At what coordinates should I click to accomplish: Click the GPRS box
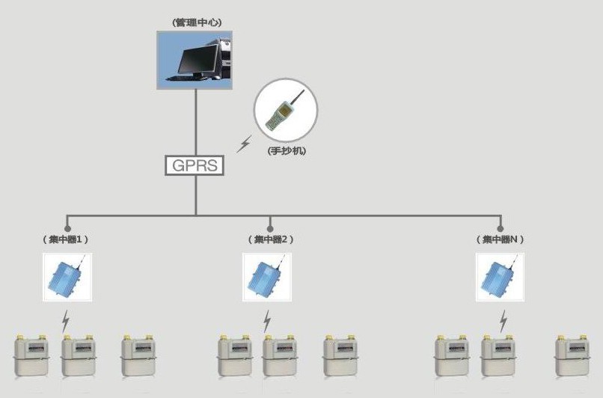195,165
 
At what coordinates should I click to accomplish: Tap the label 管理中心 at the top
197,22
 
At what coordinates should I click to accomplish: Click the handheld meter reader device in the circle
284,108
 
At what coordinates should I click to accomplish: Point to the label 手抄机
287,150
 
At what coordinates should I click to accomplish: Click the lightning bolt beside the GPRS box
244,144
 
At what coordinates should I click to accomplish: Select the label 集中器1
66,239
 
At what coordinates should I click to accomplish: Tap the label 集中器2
271,239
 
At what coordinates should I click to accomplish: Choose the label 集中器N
500,239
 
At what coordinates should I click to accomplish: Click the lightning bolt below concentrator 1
66,321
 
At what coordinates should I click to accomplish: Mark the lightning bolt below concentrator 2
267,321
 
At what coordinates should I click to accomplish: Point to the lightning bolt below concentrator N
503,321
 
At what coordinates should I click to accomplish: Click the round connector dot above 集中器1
67,229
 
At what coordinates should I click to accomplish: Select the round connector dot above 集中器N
501,229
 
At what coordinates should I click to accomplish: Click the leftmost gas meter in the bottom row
32,355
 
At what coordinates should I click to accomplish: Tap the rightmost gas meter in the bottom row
572,355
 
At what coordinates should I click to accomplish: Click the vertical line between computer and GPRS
196,122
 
